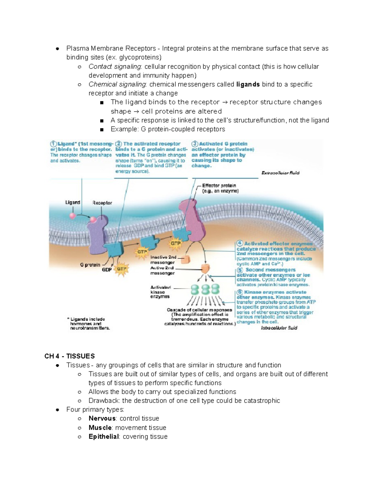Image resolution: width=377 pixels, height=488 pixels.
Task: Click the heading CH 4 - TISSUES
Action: pyautogui.click(x=69, y=356)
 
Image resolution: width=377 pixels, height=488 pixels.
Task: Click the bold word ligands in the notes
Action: pyautogui.click(x=248, y=85)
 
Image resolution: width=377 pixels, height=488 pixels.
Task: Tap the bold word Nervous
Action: pyautogui.click(x=102, y=419)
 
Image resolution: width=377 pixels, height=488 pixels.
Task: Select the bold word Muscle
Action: pyautogui.click(x=100, y=428)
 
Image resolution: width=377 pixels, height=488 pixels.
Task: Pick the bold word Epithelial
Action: pyautogui.click(x=104, y=437)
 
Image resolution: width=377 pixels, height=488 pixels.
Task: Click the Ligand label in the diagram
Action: pyautogui.click(x=73, y=203)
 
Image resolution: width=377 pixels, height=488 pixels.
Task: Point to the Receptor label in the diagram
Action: pyautogui.click(x=102, y=203)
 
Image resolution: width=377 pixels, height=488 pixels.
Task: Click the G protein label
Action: pyautogui.click(x=90, y=265)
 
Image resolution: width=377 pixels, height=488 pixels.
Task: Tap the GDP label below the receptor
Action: pyautogui.click(x=107, y=270)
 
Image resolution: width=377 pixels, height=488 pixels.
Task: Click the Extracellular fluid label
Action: pyautogui.click(x=280, y=173)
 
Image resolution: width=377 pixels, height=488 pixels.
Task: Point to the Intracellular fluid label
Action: pyautogui.click(x=279, y=328)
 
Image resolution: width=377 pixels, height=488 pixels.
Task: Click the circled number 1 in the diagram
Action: pyautogui.click(x=53, y=144)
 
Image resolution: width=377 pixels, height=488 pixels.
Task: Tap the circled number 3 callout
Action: pyautogui.click(x=195, y=144)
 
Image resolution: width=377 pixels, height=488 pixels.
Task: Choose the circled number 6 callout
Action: pyautogui.click(x=240, y=292)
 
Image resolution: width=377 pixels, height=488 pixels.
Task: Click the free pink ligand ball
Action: pyautogui.click(x=73, y=216)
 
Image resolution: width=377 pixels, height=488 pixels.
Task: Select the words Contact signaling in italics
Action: pyautogui.click(x=115, y=67)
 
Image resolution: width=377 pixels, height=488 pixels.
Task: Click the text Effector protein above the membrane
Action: pyautogui.click(x=219, y=186)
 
